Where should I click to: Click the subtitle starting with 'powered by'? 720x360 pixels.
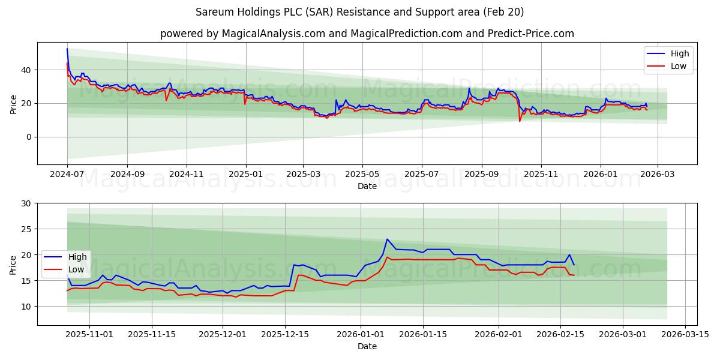coord(367,34)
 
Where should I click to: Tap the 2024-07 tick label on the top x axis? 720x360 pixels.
coord(67,175)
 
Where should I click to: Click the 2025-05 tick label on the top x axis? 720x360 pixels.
coord(362,175)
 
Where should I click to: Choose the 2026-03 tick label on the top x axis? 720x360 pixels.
coord(658,175)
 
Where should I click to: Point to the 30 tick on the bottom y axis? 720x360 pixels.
coord(27,203)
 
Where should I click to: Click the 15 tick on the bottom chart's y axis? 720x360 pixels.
coord(27,281)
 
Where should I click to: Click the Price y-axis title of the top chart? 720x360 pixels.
coord(13,103)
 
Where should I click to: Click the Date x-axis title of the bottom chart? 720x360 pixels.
coord(367,347)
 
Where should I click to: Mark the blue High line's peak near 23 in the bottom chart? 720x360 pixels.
coord(387,239)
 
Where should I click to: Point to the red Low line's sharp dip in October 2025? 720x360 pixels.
coord(520,121)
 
